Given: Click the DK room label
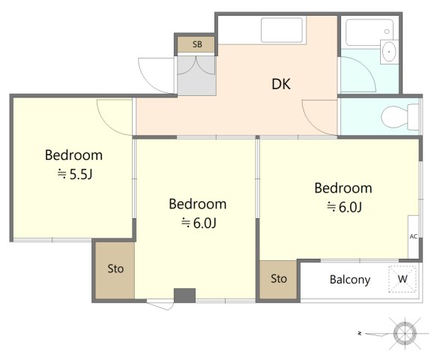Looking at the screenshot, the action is click(x=281, y=84).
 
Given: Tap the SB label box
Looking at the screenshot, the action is click(x=196, y=44).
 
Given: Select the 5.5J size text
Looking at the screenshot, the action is click(x=75, y=175).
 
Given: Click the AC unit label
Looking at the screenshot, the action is click(x=413, y=236).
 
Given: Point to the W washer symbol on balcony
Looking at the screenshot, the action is click(x=403, y=279).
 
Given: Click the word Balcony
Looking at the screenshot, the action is click(x=350, y=280).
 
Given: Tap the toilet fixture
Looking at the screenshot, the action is click(x=400, y=116).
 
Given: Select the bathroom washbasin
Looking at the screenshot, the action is click(x=389, y=52).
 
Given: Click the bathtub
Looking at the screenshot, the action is click(x=370, y=32).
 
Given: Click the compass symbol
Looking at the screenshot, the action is click(x=405, y=334).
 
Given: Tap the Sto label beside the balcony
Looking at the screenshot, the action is click(x=279, y=278).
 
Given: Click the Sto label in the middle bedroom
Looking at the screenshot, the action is click(x=115, y=268).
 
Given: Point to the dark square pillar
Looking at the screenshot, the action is click(x=184, y=295).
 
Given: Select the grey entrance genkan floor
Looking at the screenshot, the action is click(x=196, y=76).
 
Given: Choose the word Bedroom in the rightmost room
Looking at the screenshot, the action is click(x=343, y=188).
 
